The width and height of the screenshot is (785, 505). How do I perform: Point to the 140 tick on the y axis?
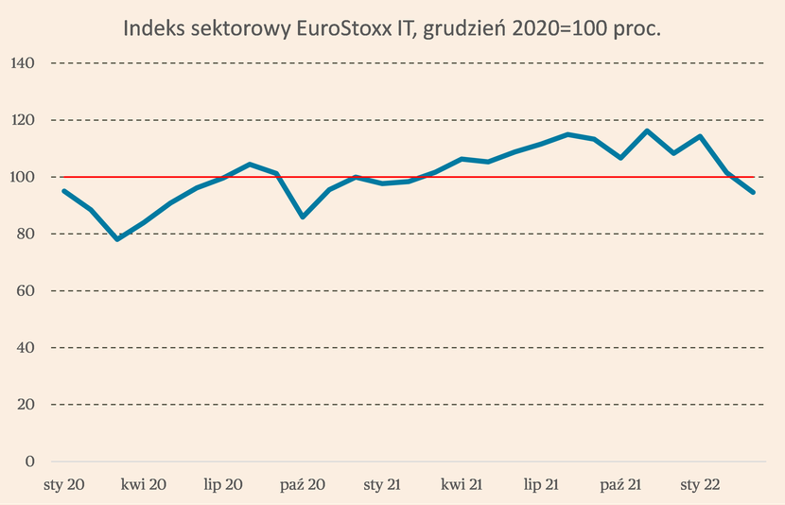click(x=23, y=63)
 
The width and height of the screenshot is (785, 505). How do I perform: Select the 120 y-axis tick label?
click(x=23, y=120)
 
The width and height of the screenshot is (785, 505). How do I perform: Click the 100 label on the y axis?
click(x=23, y=177)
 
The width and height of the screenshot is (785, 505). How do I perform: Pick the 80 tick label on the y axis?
click(x=26, y=234)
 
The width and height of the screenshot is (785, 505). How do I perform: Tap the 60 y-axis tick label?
click(x=26, y=290)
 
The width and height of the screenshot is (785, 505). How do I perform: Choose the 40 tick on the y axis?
click(x=26, y=347)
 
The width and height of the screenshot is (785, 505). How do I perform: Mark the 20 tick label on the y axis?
click(x=26, y=404)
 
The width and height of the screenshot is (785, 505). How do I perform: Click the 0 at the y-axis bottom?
click(x=29, y=461)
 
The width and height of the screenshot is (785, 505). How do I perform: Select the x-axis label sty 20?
click(x=64, y=484)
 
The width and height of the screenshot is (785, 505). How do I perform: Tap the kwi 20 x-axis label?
click(x=144, y=484)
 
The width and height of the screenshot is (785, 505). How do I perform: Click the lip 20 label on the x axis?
click(x=223, y=484)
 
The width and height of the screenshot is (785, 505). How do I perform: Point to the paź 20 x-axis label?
click(x=303, y=484)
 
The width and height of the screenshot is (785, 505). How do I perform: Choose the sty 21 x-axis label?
click(x=382, y=484)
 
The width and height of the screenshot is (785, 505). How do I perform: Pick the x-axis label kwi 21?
click(x=462, y=484)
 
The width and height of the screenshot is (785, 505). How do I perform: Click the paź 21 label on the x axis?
click(x=620, y=484)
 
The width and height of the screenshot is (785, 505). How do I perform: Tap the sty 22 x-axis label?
click(x=700, y=484)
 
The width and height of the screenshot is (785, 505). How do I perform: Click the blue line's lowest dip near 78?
click(x=117, y=238)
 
